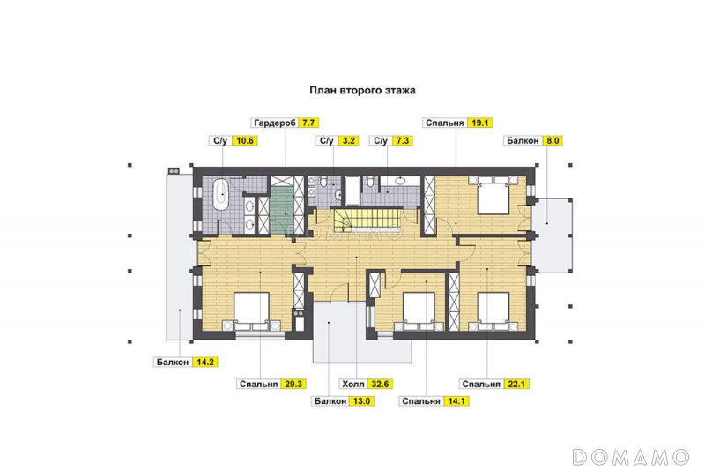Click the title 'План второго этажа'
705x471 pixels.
362,91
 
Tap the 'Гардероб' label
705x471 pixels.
275,123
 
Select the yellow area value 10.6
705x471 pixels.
245,141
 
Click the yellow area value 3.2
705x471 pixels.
348,141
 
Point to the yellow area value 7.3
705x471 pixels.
402,141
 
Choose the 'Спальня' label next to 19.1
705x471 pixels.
445,123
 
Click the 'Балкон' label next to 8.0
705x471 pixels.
523,141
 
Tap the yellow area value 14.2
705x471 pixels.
205,362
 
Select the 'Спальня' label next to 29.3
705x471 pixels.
258,385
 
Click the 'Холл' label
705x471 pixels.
353,385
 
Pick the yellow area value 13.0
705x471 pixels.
361,401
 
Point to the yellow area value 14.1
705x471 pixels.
456,401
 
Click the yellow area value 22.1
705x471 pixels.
516,385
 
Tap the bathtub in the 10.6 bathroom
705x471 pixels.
221,194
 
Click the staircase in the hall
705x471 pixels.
366,220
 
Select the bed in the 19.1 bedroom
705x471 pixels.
493,195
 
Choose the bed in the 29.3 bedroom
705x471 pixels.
251,312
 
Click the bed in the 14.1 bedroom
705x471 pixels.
419,312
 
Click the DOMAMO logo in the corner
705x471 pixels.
631,457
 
